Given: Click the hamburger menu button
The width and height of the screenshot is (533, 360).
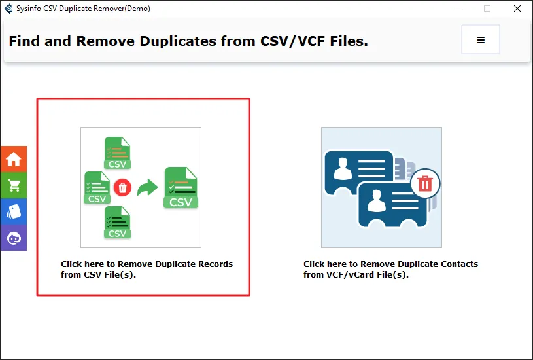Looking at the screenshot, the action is tap(480, 39).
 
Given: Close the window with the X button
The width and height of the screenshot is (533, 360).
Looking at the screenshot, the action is tap(517, 9).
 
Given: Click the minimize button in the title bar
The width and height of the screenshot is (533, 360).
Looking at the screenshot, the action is tap(458, 9).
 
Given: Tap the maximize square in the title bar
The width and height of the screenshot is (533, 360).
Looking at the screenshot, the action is tap(487, 9).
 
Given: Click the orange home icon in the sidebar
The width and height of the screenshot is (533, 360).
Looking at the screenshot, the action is tap(14, 159).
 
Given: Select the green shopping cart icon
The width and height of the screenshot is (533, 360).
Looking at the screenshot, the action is tap(14, 185).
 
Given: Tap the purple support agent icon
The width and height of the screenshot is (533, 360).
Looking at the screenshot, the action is tap(14, 238).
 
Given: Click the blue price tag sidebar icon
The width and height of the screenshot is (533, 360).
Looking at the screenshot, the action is tap(14, 211).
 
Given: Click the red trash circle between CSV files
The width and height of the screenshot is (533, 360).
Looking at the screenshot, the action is tap(122, 187).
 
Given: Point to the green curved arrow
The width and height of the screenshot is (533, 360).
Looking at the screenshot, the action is tap(147, 187).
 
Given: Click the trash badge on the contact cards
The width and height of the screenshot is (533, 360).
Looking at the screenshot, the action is tap(425, 184).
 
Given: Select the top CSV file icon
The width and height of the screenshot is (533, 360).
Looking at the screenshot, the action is tap(117, 153).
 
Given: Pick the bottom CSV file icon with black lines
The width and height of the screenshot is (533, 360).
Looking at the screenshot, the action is tap(117, 222).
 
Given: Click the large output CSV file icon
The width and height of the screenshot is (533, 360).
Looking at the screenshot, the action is tap(181, 187).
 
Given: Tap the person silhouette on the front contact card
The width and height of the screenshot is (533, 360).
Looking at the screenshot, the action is tap(377, 201).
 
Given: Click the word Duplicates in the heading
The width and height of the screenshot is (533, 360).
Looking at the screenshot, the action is tap(178, 41).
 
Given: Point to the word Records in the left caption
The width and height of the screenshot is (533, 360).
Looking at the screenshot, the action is tap(216, 264).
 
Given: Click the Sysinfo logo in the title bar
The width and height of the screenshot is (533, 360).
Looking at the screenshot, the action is tap(8, 9).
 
